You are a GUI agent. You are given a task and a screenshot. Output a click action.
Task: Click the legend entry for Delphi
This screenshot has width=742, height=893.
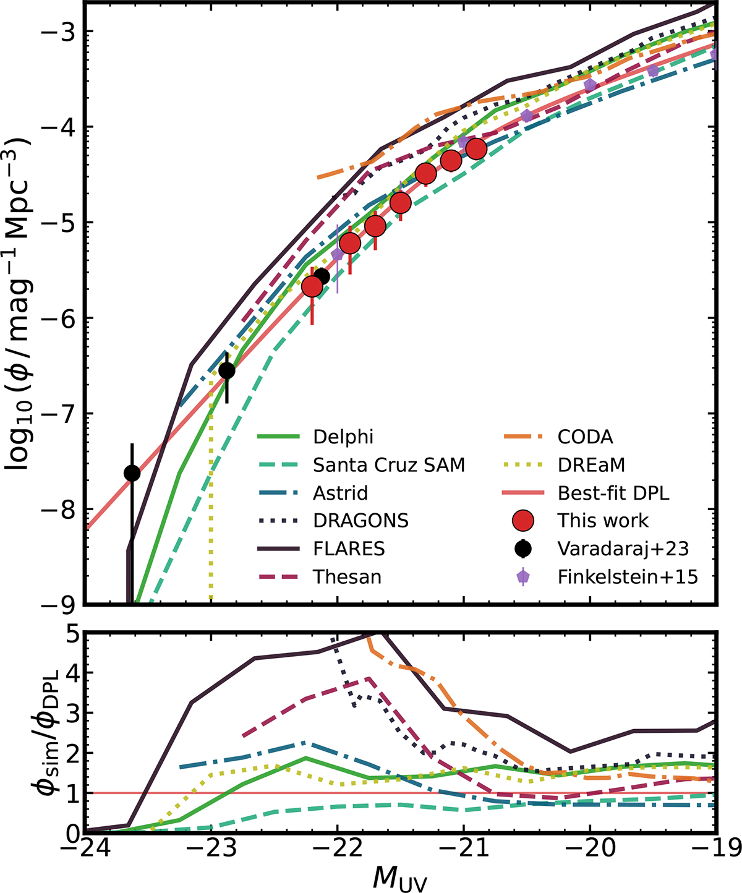343,437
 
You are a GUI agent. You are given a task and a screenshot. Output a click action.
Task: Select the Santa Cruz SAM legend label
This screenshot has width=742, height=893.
388,464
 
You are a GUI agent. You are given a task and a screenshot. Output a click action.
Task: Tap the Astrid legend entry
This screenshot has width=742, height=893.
340,493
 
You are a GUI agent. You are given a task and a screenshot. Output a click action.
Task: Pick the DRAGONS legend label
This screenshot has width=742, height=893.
360,521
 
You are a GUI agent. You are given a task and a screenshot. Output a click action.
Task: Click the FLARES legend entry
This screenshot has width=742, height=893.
349,549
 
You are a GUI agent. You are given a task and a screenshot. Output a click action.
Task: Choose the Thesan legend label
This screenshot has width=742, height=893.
347,577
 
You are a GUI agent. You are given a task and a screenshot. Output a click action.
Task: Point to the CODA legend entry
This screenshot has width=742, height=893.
585,437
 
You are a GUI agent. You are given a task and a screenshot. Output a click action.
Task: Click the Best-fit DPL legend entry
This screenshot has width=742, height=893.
613,493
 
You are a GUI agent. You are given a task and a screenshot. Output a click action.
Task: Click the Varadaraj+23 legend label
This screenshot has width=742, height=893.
623,549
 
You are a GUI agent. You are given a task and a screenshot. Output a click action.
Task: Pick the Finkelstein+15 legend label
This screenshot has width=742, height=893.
628,577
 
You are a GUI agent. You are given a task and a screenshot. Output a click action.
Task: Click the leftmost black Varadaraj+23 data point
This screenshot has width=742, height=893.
132,473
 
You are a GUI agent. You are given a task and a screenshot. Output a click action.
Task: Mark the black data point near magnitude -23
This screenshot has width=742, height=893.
227,370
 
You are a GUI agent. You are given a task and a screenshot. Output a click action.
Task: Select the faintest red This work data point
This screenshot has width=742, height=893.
476,149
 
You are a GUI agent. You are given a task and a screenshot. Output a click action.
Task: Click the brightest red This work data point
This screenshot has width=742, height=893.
312,287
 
